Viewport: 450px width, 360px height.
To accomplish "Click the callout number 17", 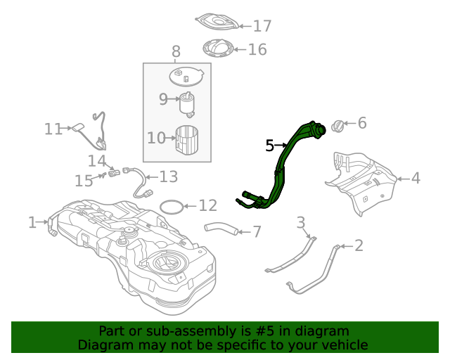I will click(x=262, y=26).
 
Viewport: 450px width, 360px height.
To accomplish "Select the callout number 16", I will click(x=257, y=49).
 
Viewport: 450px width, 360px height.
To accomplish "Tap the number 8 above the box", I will click(x=176, y=51).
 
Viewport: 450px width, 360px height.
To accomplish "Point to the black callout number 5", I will click(x=270, y=146).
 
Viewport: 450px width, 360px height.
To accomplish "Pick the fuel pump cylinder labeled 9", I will click(x=188, y=103).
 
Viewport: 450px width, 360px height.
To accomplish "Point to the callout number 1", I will click(x=32, y=223).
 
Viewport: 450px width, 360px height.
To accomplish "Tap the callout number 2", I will click(x=359, y=245).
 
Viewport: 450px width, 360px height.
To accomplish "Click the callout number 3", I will click(x=301, y=224).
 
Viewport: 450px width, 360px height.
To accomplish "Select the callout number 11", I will click(x=53, y=129).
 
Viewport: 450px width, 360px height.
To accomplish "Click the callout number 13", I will click(x=169, y=176).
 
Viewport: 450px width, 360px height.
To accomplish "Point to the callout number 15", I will click(x=84, y=181).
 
